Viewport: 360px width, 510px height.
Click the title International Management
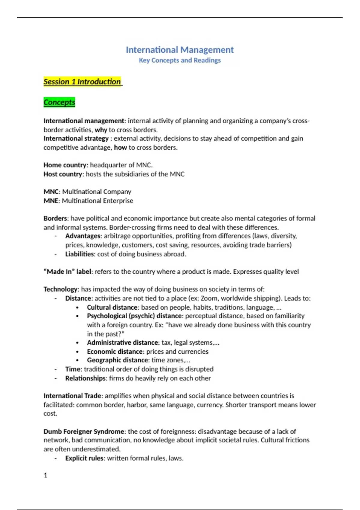[179, 50]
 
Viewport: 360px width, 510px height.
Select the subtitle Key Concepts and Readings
[179, 60]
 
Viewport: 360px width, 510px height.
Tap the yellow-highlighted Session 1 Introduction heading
[82, 82]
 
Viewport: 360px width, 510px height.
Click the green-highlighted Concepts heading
[59, 102]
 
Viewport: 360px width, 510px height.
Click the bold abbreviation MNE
[51, 201]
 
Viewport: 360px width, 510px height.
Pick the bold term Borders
[55, 218]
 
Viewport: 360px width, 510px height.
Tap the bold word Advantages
[83, 236]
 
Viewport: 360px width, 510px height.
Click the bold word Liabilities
[79, 254]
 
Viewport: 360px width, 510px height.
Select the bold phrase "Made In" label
[67, 272]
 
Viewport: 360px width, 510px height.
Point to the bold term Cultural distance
[112, 307]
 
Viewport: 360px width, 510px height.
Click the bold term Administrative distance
[122, 343]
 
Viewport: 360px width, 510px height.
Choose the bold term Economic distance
[115, 352]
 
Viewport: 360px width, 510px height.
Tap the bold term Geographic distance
[117, 360]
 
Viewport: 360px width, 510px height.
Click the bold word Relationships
[85, 378]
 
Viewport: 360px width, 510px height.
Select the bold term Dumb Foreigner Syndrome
[84, 432]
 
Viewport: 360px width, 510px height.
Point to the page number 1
[46, 475]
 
